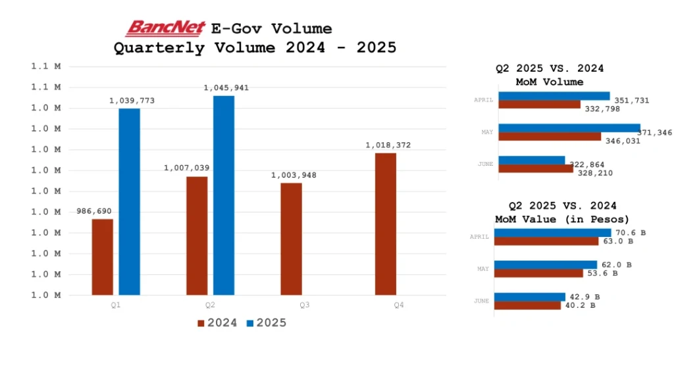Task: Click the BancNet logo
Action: (166, 28)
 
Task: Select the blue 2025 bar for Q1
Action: (129, 201)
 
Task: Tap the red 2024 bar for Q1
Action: (103, 257)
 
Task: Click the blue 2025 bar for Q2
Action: (224, 195)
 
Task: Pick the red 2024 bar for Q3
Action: (291, 238)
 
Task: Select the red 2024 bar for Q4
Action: (386, 224)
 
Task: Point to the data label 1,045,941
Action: (226, 88)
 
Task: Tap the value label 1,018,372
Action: (388, 145)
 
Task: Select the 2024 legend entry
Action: (217, 323)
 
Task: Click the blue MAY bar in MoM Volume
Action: (569, 128)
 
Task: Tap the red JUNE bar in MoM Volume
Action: (536, 168)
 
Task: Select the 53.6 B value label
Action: (601, 273)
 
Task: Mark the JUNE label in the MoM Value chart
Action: (481, 301)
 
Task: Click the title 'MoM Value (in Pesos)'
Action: (562, 219)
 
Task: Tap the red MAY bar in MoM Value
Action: (538, 273)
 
